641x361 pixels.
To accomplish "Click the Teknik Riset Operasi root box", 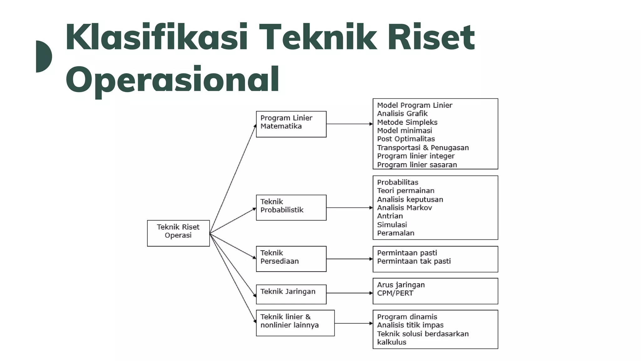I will [178, 233].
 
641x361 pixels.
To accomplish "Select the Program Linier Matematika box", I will [291, 124].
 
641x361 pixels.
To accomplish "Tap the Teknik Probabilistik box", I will [291, 207].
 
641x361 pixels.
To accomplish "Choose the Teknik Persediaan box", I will [291, 259].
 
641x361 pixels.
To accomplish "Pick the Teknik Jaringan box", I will [291, 294].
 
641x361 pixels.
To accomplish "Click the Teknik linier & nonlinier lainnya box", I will [295, 323].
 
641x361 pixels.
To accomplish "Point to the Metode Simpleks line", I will [407, 122].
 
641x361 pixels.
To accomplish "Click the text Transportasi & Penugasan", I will [423, 148].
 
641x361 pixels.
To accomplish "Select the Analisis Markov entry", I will [404, 208].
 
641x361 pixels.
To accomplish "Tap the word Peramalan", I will [396, 233].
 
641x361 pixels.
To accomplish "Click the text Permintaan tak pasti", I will [414, 261].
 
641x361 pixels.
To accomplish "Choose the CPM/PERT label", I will [395, 293].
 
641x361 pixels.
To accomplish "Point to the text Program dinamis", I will [407, 317].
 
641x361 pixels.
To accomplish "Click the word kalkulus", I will [392, 342].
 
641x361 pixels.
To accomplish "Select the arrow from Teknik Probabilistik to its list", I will [349, 207].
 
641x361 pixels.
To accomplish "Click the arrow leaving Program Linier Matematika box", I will [349, 124].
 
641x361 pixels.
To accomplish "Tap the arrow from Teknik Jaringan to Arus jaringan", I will [349, 293].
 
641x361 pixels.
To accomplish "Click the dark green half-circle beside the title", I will [43, 56].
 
